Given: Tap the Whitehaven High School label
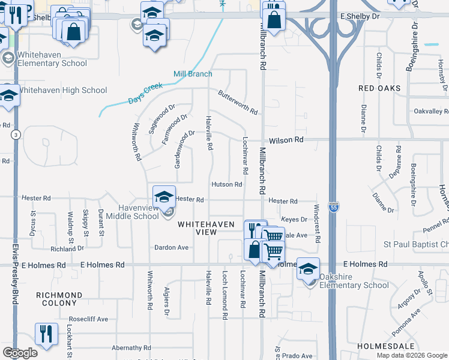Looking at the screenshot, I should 62,90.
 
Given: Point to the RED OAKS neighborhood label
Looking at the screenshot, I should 379,88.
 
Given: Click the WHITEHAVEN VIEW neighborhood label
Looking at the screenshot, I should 206,228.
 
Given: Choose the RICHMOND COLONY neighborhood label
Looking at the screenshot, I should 59,300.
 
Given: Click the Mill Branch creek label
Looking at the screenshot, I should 193,74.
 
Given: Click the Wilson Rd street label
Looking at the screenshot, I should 286,140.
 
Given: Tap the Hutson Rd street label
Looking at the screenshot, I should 226,185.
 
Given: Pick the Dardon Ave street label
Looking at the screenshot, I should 172,247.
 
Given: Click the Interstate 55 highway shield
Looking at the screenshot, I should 334,205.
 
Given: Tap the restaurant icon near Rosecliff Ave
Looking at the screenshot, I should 46,333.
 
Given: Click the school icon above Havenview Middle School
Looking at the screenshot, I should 163,195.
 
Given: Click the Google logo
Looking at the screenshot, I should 20,353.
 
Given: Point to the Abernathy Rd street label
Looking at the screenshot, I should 130,347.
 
